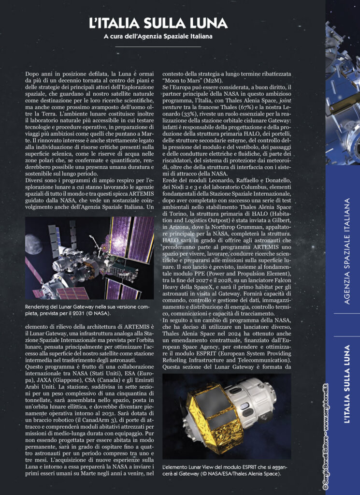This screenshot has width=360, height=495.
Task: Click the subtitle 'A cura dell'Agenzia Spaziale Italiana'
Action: [x=158, y=36]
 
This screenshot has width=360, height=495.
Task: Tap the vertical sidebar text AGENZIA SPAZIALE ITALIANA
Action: [x=346, y=250]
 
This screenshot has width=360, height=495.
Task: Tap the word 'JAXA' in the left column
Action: [x=35, y=368]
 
